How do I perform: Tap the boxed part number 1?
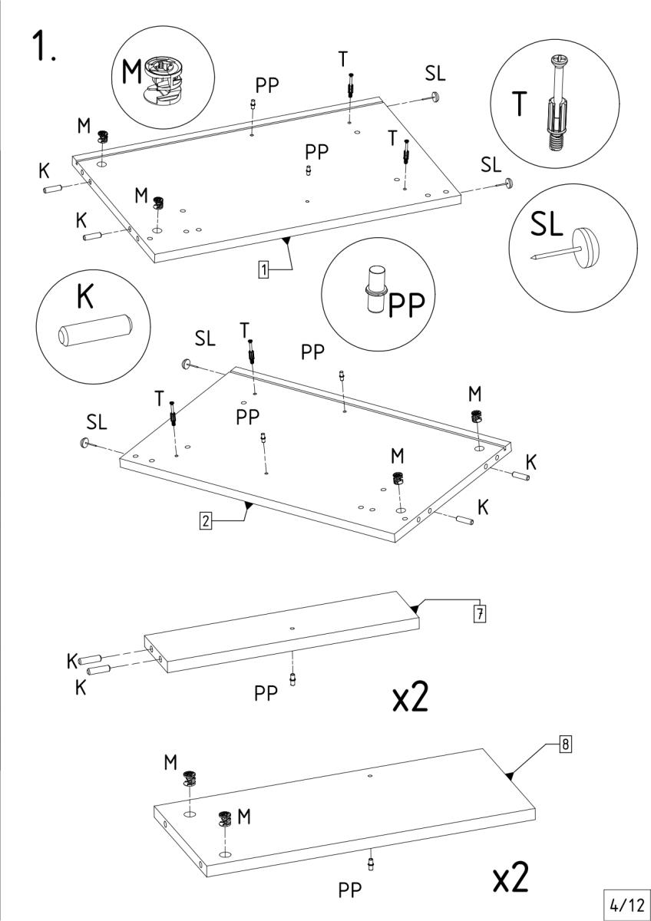263,269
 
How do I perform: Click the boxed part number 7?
479,613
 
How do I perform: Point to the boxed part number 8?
564,744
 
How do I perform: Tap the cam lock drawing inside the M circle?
165,79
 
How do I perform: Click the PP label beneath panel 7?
266,694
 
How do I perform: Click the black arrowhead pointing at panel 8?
508,776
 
